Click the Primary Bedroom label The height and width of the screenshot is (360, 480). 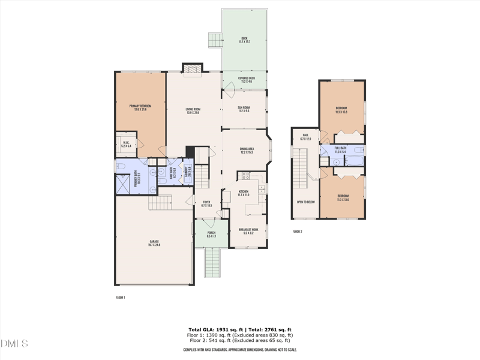pos(140,107)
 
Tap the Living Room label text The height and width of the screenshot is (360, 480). pos(193,110)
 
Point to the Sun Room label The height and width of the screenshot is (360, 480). pos(244,109)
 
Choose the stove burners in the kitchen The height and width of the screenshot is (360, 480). pos(245,176)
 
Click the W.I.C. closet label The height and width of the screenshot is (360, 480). pos(126,144)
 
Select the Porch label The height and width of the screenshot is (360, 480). pos(211,234)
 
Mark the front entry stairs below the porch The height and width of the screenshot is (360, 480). pos(212,262)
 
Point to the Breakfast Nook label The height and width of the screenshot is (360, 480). pos(248,230)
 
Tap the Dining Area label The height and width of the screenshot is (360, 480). pos(247,151)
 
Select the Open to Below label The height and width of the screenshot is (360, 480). pos(305,202)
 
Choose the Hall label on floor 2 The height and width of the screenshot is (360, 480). pos(305,136)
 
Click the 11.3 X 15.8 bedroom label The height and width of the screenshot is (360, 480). pos(341,110)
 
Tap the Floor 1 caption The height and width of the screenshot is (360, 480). pos(120,297)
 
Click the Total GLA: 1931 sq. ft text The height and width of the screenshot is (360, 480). pos(212,329)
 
